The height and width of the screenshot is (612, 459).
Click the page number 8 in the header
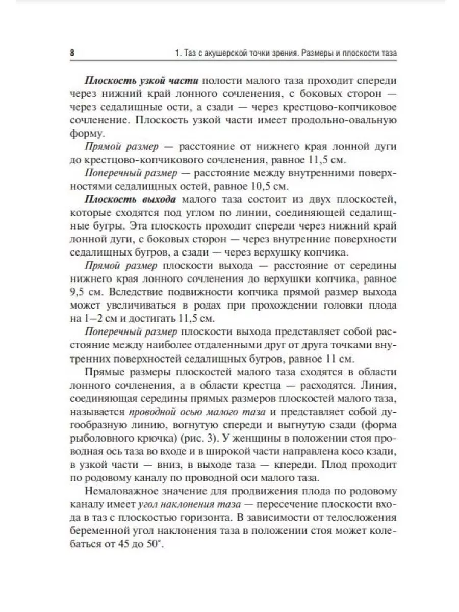click(x=72, y=53)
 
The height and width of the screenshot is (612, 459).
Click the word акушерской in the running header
click(x=218, y=53)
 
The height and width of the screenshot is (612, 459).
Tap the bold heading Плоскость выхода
click(x=131, y=198)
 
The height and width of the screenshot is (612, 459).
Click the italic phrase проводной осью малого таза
click(x=197, y=412)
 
